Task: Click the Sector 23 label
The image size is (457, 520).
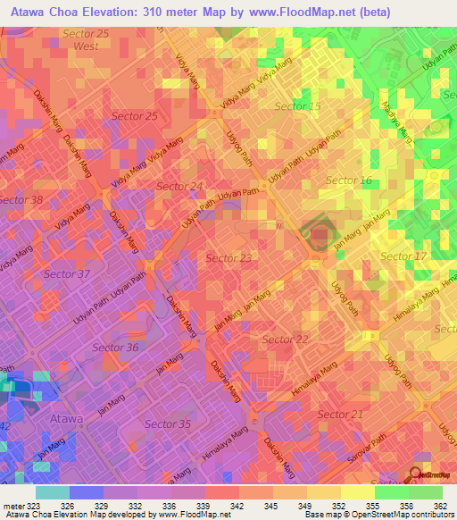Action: [x=229, y=257]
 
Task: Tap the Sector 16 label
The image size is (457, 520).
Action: [x=348, y=180]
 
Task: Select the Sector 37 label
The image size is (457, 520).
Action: [x=67, y=273]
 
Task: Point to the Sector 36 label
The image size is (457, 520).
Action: [x=115, y=347]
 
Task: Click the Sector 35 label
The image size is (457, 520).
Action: [x=168, y=424]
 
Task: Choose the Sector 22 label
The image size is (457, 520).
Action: [x=285, y=339]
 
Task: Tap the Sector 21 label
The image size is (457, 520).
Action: [x=340, y=414]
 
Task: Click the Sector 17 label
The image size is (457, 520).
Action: [x=403, y=256]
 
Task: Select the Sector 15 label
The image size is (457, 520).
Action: [x=297, y=106]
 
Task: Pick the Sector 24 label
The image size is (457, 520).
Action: [x=179, y=186]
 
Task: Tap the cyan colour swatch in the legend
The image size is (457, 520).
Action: [x=52, y=491]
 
